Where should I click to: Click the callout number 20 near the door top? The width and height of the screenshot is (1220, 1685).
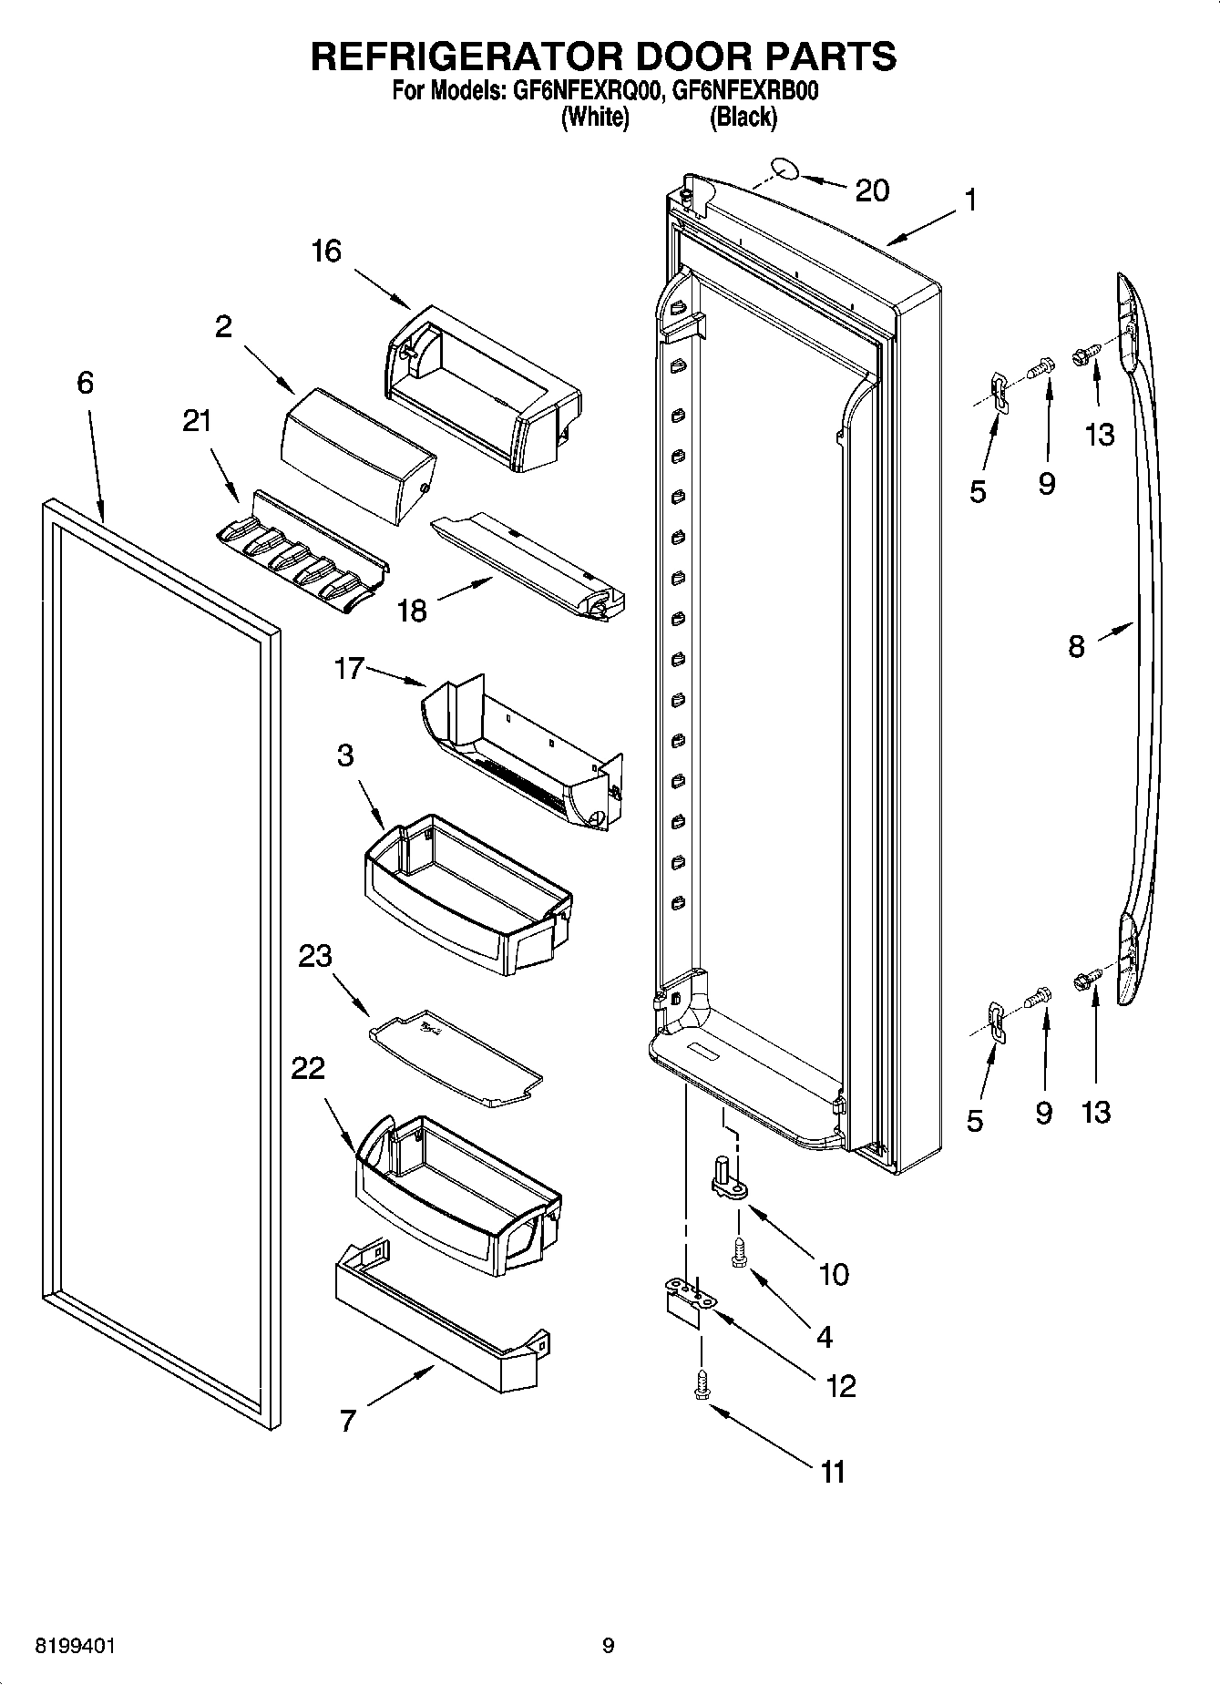click(871, 190)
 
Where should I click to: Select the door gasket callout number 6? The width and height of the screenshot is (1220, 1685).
click(85, 383)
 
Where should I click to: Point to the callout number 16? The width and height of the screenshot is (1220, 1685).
click(325, 251)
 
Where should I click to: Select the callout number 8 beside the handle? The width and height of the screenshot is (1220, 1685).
click(1076, 647)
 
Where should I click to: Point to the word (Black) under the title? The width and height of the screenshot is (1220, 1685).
click(743, 117)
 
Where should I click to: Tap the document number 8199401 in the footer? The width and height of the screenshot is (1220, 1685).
click(75, 1646)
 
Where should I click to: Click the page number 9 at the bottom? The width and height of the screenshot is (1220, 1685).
click(608, 1646)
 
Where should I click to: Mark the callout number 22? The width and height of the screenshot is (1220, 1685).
click(308, 1068)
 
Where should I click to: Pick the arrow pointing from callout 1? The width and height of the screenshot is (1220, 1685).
click(920, 225)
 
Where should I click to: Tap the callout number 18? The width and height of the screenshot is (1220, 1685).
click(412, 611)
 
